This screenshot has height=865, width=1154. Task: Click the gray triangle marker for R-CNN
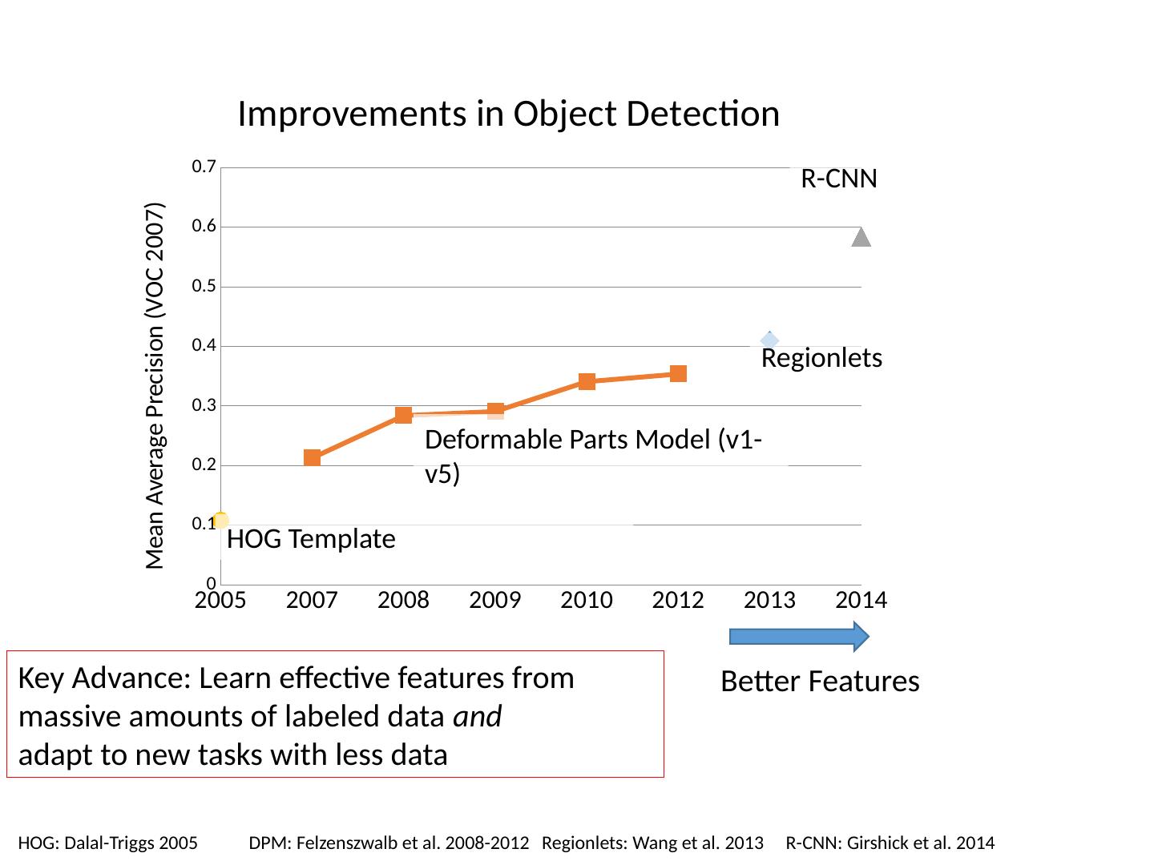(861, 237)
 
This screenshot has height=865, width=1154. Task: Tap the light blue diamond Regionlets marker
(769, 340)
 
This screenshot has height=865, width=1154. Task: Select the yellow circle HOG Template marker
(221, 521)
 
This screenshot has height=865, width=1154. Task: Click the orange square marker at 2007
(312, 458)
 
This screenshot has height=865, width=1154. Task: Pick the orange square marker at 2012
(678, 373)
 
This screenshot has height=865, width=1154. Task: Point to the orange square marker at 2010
(587, 381)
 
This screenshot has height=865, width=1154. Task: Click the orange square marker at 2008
(403, 415)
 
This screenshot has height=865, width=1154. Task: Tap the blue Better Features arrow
(798, 636)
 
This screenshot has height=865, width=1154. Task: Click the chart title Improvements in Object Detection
(508, 115)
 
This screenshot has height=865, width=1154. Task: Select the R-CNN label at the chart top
(838, 179)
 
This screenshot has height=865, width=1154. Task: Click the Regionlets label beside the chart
(821, 358)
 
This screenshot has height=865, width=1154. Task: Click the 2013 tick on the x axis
(769, 600)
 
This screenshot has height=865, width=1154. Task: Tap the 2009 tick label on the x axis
(495, 600)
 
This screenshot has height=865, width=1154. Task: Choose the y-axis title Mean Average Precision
(155, 385)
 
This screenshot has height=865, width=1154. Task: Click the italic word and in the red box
(478, 717)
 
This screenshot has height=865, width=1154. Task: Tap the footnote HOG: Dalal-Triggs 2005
(107, 843)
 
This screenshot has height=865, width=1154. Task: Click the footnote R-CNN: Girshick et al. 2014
(890, 843)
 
